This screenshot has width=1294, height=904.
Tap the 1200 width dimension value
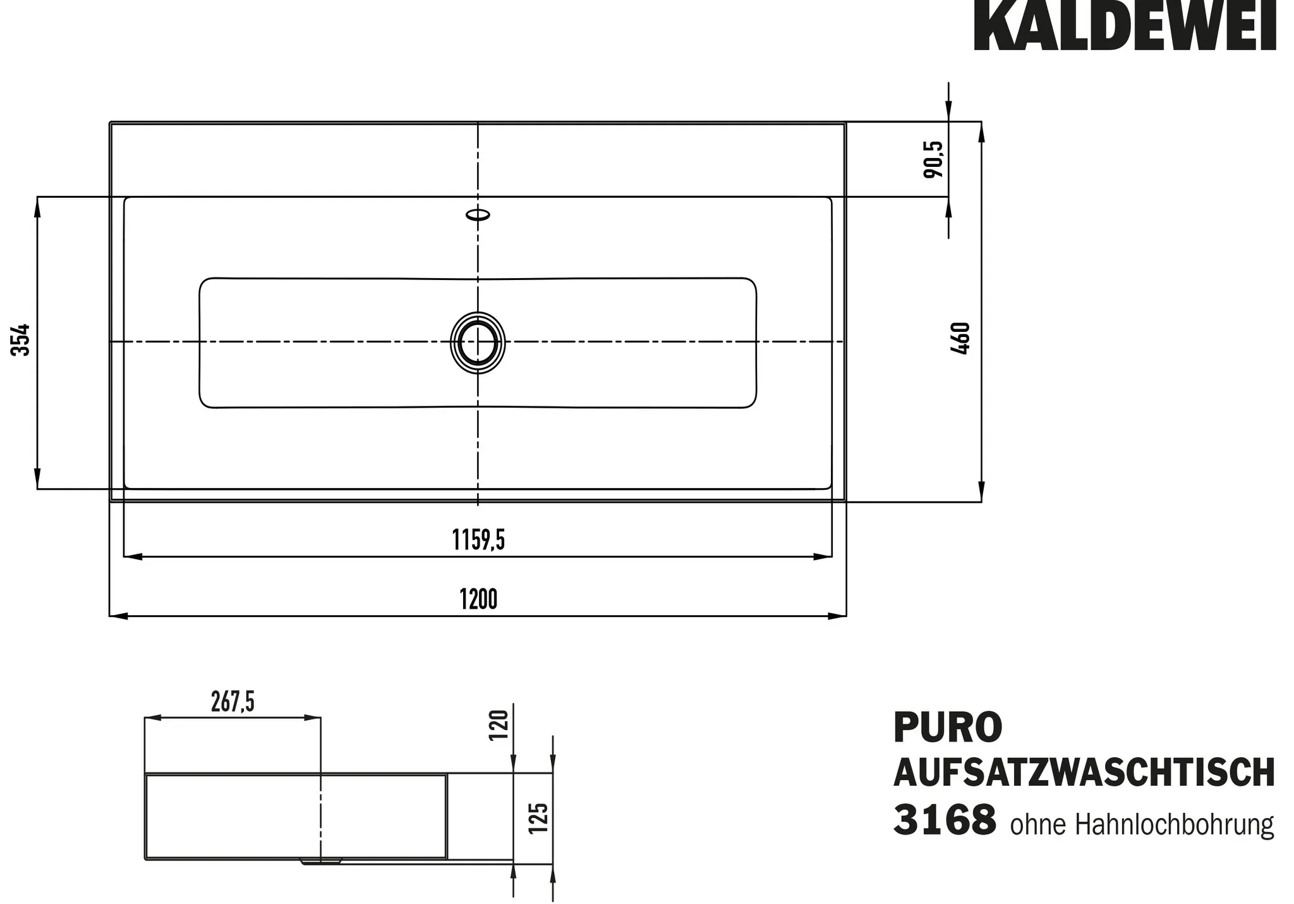pyautogui.click(x=478, y=599)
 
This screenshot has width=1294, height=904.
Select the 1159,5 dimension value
pyautogui.click(x=478, y=540)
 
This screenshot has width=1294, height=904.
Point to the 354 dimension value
pyautogui.click(x=21, y=339)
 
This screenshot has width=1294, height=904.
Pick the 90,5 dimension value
pyautogui.click(x=933, y=159)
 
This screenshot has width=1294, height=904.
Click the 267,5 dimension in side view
pyautogui.click(x=233, y=702)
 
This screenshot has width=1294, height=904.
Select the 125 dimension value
pyautogui.click(x=538, y=817)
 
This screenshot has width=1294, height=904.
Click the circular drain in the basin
pyautogui.click(x=478, y=342)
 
